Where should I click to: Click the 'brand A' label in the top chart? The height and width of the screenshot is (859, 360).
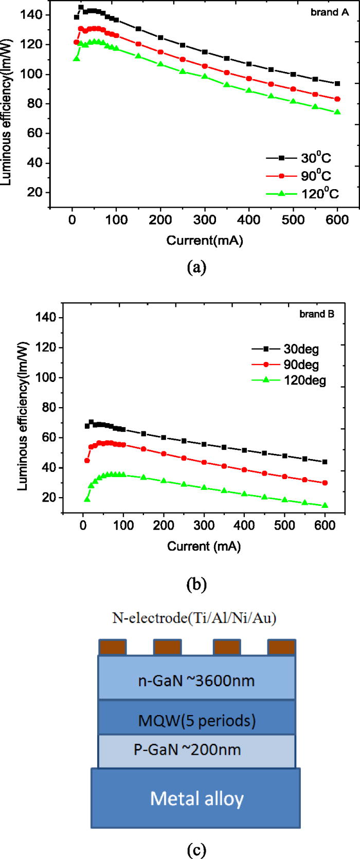click(x=329, y=12)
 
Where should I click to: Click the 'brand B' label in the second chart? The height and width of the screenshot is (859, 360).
click(x=317, y=314)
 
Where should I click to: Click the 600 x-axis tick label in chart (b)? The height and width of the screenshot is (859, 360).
click(x=325, y=525)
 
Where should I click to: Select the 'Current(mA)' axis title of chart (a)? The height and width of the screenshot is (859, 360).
click(x=204, y=240)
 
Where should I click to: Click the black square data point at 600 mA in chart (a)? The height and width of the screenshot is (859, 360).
click(x=337, y=83)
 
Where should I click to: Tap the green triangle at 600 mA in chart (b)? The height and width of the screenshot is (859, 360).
click(x=325, y=506)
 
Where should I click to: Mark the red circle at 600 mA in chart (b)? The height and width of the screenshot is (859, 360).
click(x=325, y=483)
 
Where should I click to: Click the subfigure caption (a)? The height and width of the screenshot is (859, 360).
click(x=197, y=267)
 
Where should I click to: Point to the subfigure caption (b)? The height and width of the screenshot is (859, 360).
click(x=197, y=584)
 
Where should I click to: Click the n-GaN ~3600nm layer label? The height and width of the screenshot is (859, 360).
click(x=196, y=681)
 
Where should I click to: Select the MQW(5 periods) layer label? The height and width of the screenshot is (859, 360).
click(x=196, y=720)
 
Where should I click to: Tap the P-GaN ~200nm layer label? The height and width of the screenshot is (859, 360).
click(x=187, y=750)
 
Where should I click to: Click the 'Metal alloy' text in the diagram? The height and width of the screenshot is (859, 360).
click(x=196, y=798)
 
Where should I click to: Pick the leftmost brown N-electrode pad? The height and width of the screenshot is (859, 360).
click(x=112, y=647)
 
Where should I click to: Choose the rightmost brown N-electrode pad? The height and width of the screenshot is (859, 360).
click(x=281, y=647)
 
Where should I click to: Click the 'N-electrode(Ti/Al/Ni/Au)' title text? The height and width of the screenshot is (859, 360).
click(x=194, y=617)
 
